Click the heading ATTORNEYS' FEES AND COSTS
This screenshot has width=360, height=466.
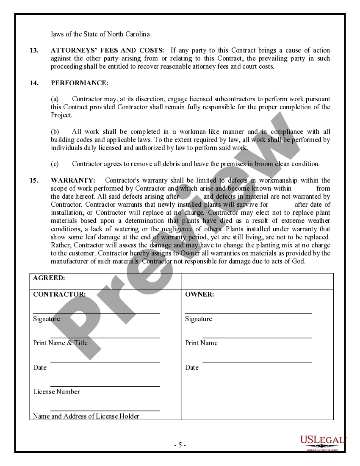(x=108, y=50)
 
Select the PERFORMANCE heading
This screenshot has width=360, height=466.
(x=73, y=83)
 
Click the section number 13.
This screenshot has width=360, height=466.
(x=34, y=50)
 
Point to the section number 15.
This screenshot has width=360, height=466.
(x=34, y=180)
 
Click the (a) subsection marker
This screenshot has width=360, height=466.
(x=55, y=99)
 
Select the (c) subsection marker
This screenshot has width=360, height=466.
(x=55, y=164)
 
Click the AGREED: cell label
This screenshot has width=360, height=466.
(x=49, y=278)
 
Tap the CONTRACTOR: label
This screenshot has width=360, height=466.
(x=59, y=294)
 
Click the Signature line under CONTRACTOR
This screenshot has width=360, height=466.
(x=96, y=313)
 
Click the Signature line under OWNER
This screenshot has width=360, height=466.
(x=248, y=313)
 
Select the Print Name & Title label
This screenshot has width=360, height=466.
(x=60, y=343)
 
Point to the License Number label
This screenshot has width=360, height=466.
(x=56, y=392)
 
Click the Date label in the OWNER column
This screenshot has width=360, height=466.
(x=192, y=368)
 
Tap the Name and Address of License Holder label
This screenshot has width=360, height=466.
(x=86, y=416)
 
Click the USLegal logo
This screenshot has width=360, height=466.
(x=323, y=442)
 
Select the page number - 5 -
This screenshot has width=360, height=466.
(x=180, y=445)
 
